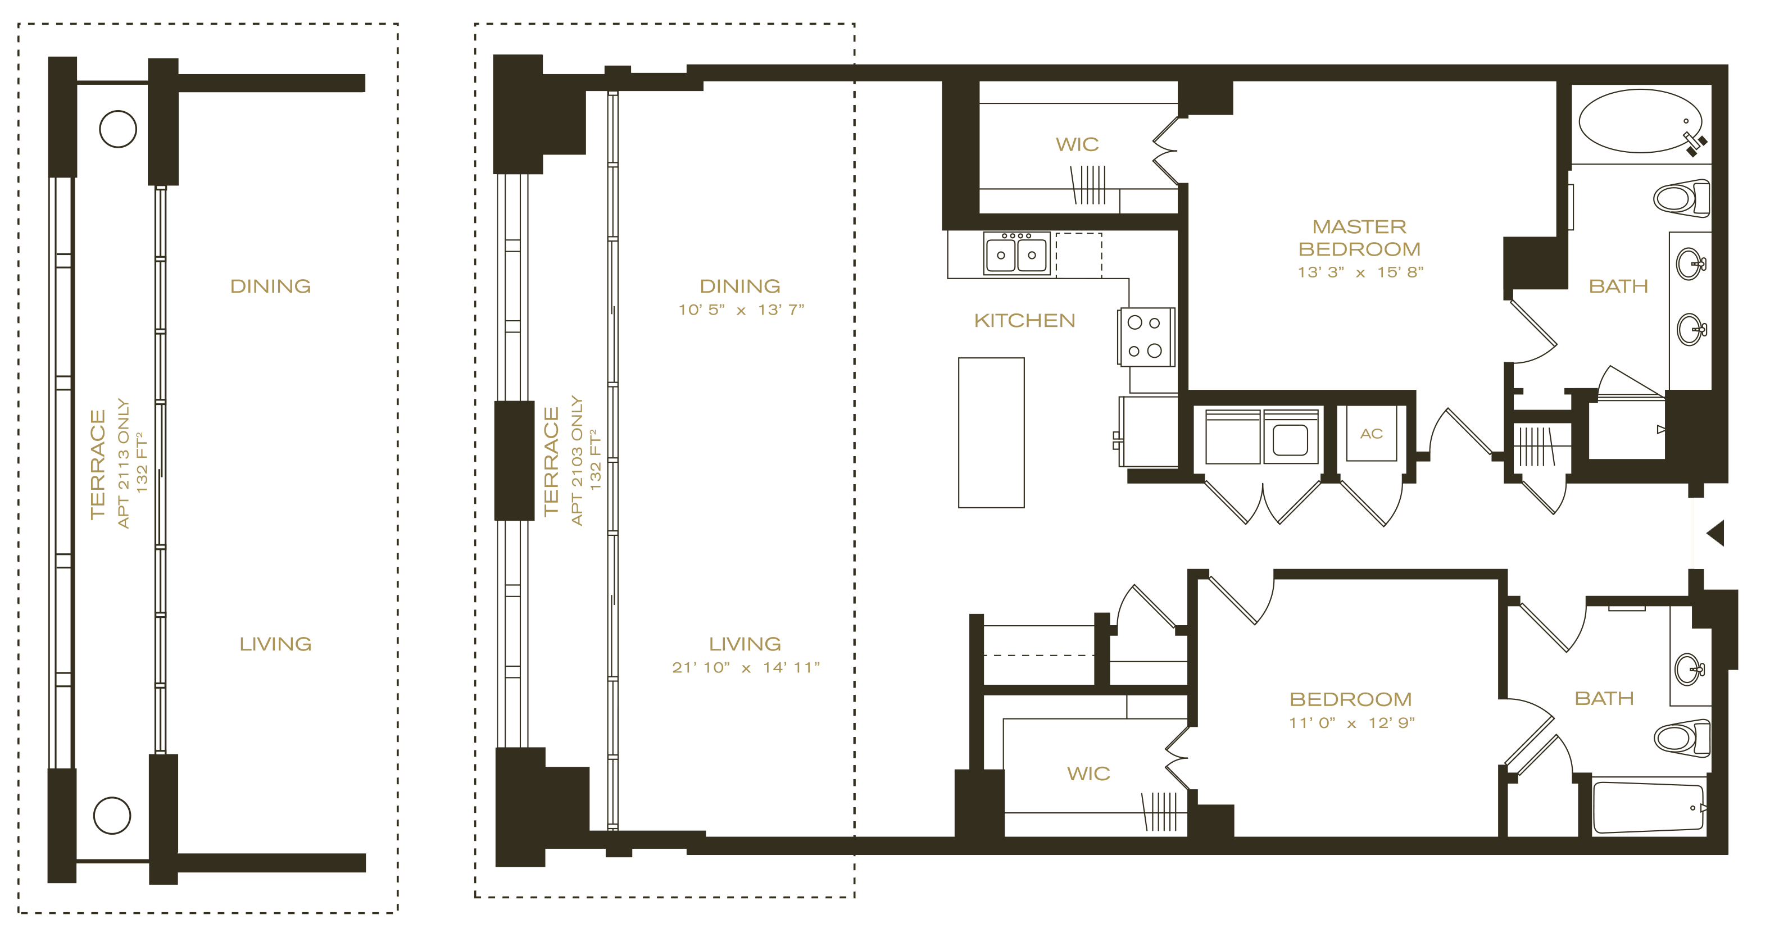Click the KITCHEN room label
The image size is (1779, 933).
click(1024, 320)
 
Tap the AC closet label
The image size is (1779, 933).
click(1371, 434)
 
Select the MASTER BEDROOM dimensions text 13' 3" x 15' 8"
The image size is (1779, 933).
click(1360, 272)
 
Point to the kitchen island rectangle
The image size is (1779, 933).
click(991, 433)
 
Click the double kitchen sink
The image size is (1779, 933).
click(1016, 253)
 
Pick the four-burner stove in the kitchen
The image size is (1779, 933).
click(1146, 337)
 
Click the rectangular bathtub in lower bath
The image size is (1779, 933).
click(1649, 807)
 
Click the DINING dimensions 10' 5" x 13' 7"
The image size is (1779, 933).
click(741, 310)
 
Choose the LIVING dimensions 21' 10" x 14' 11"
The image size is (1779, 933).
click(746, 667)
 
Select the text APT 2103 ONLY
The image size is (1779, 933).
click(577, 460)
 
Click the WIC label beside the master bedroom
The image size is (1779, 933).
click(1077, 144)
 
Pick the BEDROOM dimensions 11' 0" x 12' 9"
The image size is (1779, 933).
click(1351, 723)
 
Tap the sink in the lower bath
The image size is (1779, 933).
click(1689, 668)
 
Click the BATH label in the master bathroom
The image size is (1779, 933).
click(1618, 286)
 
